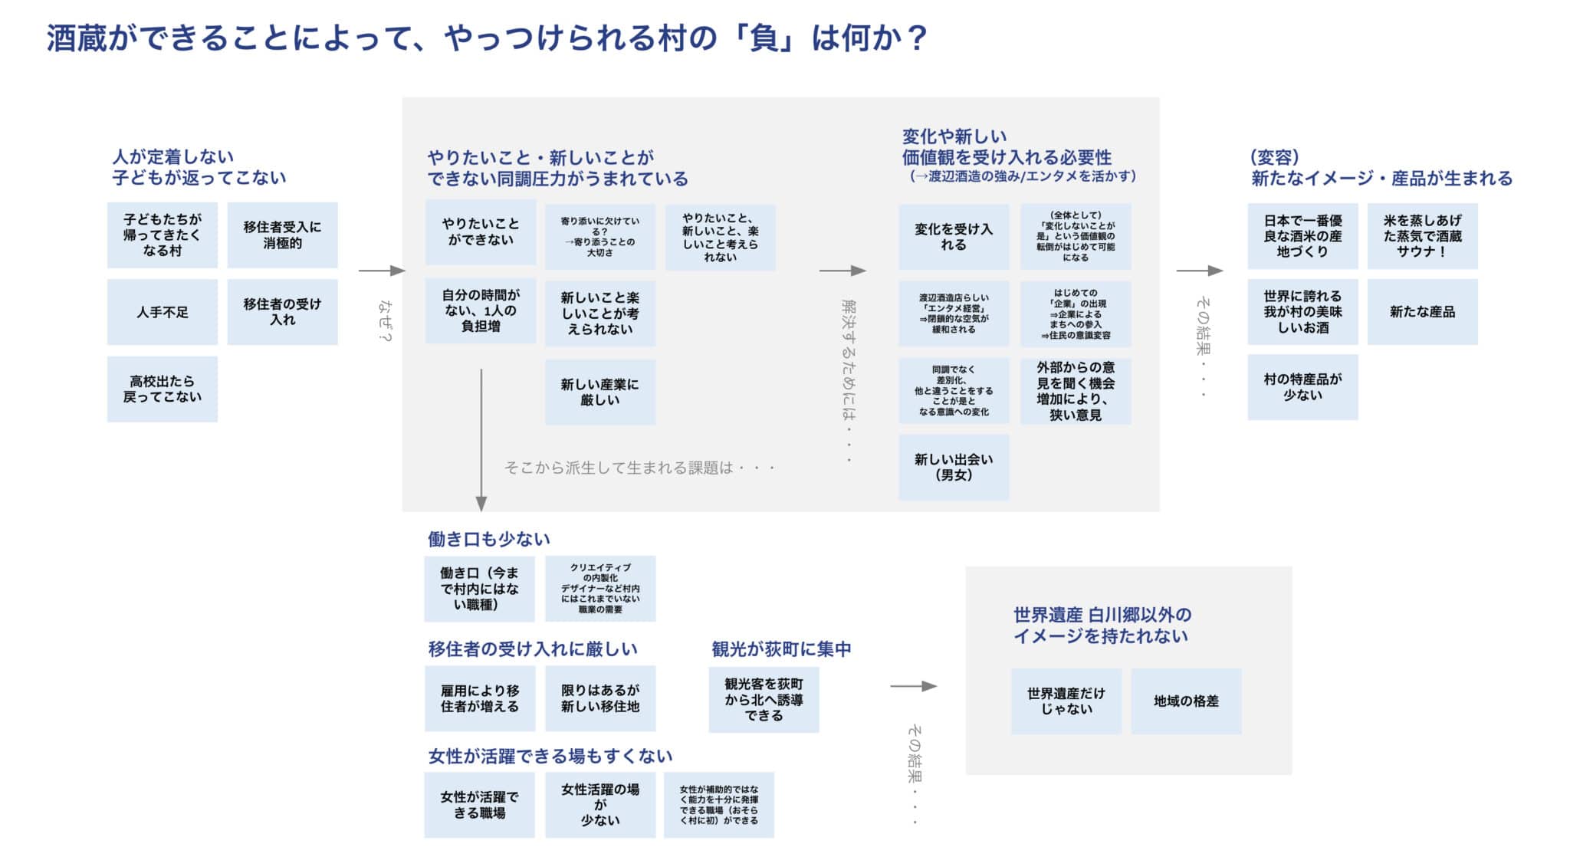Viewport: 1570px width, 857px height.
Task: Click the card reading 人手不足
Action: click(x=162, y=312)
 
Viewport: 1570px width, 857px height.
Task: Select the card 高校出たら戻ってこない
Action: click(x=162, y=389)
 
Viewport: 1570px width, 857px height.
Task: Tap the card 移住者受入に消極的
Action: click(x=282, y=235)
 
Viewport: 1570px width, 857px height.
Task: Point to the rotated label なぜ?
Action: click(x=383, y=320)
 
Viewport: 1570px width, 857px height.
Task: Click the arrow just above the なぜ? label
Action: click(x=381, y=271)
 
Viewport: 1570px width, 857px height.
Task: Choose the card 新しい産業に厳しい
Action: click(x=599, y=392)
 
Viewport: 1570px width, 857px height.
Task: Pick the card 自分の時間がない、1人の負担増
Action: click(x=481, y=310)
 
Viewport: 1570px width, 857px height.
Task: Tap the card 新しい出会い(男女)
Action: click(x=954, y=467)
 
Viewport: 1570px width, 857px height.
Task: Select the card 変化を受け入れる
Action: click(x=954, y=236)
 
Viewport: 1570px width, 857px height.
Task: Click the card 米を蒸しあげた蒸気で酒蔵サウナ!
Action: click(x=1422, y=235)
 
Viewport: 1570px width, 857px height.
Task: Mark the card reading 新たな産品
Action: click(x=1422, y=312)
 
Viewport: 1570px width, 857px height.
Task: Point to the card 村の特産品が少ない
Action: click(x=1302, y=387)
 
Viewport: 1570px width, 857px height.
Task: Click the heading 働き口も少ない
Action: click(x=488, y=539)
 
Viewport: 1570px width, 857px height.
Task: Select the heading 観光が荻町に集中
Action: click(x=781, y=649)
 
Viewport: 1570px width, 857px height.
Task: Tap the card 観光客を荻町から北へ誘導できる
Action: click(x=764, y=699)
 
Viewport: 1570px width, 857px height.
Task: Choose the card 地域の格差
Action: click(x=1186, y=701)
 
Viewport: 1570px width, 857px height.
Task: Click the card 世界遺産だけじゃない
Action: click(x=1066, y=701)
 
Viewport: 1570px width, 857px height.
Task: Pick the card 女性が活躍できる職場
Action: click(x=479, y=805)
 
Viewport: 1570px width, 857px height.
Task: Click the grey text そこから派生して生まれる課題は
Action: click(x=639, y=468)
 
